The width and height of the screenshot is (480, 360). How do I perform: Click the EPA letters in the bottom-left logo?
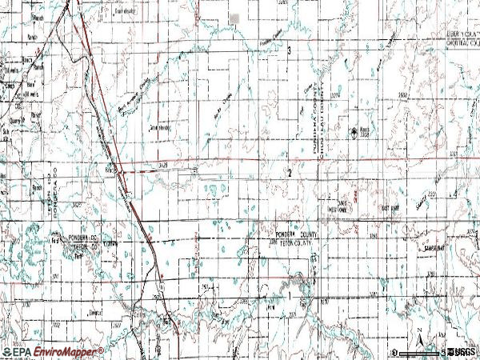click(18, 351)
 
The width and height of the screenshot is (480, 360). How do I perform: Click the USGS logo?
click(462, 352)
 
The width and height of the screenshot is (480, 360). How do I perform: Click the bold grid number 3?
click(289, 50)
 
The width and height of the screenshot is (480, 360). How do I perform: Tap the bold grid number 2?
click(289, 172)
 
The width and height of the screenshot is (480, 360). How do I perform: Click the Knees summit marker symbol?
click(355, 133)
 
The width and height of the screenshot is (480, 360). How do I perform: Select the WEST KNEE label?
click(339, 208)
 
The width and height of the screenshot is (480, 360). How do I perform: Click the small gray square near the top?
click(234, 18)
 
